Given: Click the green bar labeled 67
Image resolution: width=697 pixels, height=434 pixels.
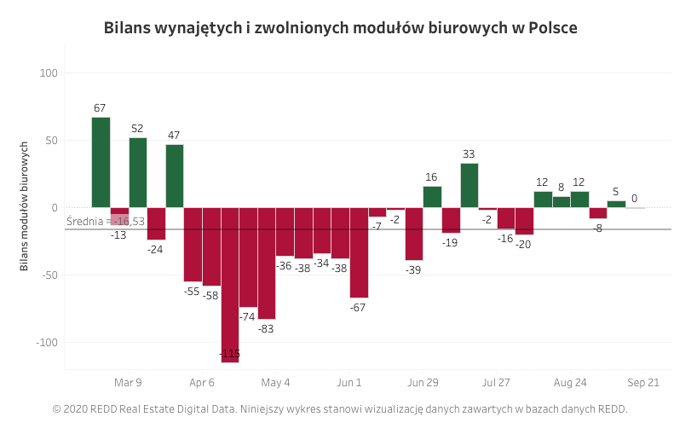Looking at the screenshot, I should pos(101,162).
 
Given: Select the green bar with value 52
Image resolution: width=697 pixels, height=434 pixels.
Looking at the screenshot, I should pos(138,172).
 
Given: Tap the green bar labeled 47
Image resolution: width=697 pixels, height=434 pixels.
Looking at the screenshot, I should pos(175,176).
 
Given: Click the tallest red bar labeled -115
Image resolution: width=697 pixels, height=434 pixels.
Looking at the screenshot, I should pos(230,285).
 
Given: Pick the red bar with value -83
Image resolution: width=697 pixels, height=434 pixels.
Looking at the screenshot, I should pos(267,263).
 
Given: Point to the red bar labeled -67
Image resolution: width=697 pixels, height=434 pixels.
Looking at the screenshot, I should pos(359,252).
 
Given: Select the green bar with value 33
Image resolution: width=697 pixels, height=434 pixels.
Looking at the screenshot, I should pos(469,185).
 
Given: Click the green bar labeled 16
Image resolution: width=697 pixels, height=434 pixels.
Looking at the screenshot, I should pos(432,197).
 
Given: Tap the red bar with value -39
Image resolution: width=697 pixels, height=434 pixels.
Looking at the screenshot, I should pos(414,234).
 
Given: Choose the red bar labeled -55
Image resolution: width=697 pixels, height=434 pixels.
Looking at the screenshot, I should pos(193,245).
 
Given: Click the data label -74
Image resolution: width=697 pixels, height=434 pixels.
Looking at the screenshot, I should pos(247,316).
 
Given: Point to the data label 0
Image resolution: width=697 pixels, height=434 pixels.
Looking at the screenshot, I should pos(634,199).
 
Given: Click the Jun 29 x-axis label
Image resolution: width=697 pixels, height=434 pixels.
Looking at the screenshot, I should pos(423,383).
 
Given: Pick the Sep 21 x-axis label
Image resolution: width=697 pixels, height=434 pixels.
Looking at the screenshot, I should pos(643,383).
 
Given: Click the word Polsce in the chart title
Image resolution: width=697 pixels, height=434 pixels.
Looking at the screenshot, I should pos(553,28).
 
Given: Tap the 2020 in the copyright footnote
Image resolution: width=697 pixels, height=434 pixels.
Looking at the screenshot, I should pos(78,409).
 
